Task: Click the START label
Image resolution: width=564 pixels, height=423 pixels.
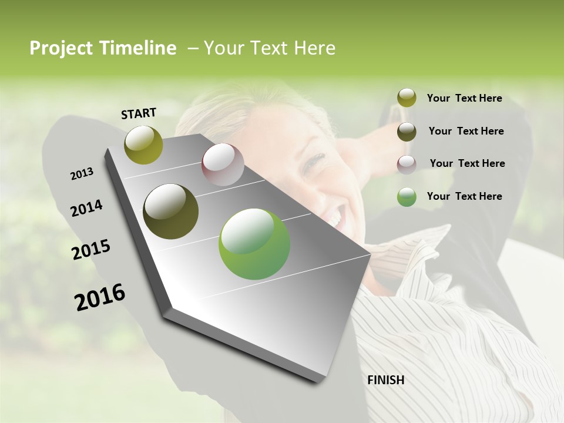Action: (x=139, y=113)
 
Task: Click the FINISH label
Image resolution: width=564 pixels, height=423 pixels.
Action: (x=385, y=380)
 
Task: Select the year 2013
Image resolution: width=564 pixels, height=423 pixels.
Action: (x=82, y=174)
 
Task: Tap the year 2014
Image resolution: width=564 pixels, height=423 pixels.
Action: (x=86, y=208)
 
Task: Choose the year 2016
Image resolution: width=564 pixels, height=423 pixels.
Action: (x=100, y=297)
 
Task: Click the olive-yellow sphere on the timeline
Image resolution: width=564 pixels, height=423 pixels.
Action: (x=143, y=145)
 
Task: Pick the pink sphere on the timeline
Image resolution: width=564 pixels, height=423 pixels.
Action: (x=223, y=164)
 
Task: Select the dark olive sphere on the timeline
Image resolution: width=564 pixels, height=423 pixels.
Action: (x=171, y=211)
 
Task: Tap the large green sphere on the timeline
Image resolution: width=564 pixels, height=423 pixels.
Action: (x=254, y=243)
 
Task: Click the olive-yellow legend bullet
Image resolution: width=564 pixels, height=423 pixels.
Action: (x=407, y=98)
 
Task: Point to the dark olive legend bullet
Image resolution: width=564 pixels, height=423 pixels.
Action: (x=407, y=132)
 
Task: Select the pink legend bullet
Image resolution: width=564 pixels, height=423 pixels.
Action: (x=407, y=164)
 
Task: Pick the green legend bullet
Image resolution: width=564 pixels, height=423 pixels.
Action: (x=407, y=197)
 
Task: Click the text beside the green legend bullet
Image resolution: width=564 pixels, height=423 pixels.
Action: (x=464, y=196)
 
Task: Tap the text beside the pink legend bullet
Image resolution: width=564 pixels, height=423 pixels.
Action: (x=467, y=163)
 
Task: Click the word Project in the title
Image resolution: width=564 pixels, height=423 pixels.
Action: (x=61, y=48)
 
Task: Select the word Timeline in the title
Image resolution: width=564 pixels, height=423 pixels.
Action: (x=138, y=48)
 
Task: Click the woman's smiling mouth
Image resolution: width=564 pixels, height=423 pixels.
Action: (x=334, y=219)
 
